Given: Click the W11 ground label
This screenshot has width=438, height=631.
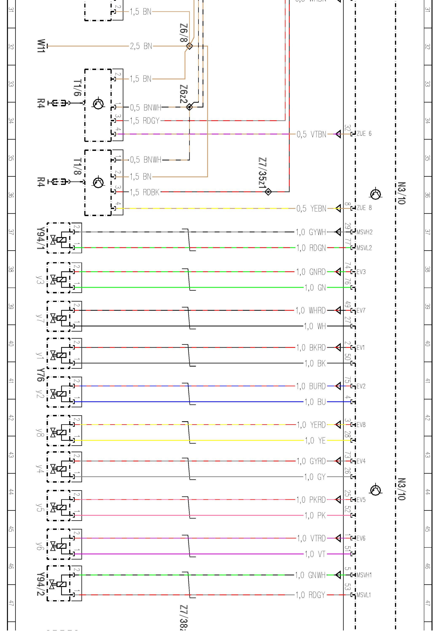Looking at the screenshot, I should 41,46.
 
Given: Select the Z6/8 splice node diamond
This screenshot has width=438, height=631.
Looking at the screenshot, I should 189,46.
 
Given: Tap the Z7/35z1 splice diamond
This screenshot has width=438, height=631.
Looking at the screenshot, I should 268,192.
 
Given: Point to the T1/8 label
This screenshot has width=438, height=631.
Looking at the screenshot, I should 78,166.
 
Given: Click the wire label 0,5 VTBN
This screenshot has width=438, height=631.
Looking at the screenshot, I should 311,134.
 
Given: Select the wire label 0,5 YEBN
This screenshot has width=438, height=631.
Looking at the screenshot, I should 311,209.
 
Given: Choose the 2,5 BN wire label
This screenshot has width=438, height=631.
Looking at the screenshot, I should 141,46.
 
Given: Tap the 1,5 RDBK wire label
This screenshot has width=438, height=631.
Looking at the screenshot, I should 144,192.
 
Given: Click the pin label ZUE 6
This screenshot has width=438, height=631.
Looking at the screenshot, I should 364,134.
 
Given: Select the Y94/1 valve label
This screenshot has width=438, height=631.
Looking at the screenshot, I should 40,238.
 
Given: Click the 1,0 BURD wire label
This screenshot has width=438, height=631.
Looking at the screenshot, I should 311,386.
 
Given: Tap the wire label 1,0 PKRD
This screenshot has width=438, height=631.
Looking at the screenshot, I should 311,500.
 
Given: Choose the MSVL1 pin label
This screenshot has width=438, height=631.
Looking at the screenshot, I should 364,595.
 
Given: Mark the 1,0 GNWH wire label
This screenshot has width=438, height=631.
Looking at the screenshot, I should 310,575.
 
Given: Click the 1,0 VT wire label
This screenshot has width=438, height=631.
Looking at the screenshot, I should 315,554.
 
